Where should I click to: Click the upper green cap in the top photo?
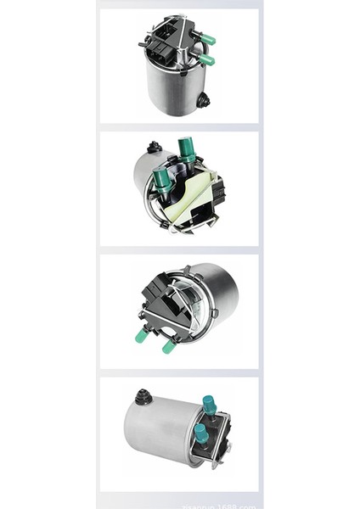pos(207,38)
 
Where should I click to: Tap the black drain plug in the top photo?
pos(203,101)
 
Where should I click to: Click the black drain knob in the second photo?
pos(154,148)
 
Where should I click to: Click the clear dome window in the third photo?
pos(191,305)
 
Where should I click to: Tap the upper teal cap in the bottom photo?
pos(208,406)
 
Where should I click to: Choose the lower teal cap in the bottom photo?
pos(200,434)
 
